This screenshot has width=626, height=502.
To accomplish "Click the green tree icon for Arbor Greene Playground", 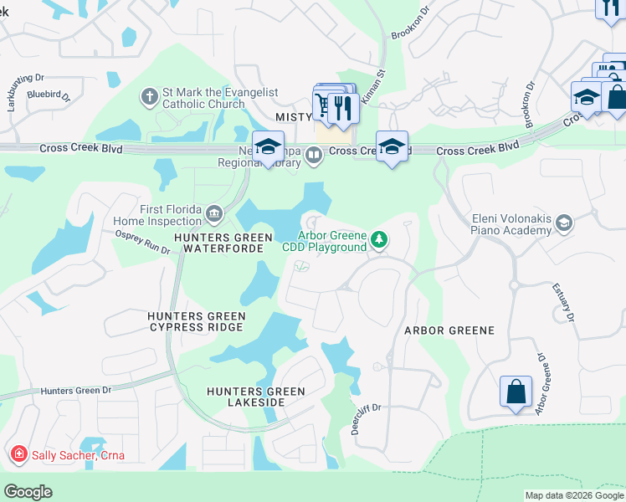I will click(x=380, y=241).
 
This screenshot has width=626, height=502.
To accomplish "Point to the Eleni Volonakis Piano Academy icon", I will click(x=565, y=222).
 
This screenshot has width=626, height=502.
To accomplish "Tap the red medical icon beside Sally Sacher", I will click(x=18, y=455).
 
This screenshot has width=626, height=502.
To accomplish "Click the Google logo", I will click(x=28, y=492).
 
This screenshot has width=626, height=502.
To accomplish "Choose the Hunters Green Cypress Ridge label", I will click(x=197, y=322).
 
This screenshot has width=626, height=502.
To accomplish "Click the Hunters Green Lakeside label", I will click(x=246, y=397).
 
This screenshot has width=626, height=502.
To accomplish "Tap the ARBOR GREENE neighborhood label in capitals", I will click(x=449, y=330).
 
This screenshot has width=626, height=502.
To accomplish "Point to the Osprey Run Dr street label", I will click(x=136, y=244).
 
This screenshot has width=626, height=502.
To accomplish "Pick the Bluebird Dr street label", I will click(x=47, y=95).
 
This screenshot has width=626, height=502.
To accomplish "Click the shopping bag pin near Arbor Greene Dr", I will click(x=516, y=391).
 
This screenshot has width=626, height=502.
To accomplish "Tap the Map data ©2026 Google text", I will click(x=574, y=495).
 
